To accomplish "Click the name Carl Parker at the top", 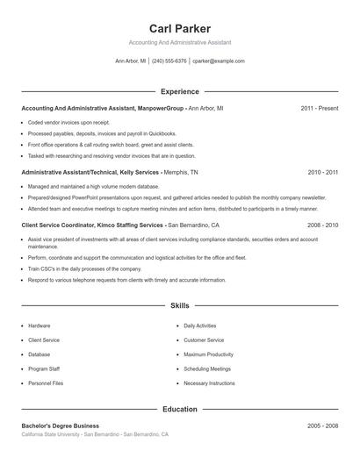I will click(x=180, y=28).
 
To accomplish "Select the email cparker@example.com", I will click(x=219, y=61).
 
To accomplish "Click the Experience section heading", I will click(x=180, y=91).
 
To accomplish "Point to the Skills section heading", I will click(x=180, y=306).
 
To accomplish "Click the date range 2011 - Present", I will click(x=319, y=108).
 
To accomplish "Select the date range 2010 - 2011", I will click(x=322, y=173).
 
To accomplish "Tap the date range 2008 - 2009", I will click(x=322, y=225).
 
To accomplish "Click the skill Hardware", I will click(x=40, y=325).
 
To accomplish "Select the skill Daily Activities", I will click(x=199, y=325).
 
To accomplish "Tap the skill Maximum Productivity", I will click(x=208, y=354).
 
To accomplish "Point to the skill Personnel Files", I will click(x=46, y=383).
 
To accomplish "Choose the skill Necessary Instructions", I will click(x=209, y=383).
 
